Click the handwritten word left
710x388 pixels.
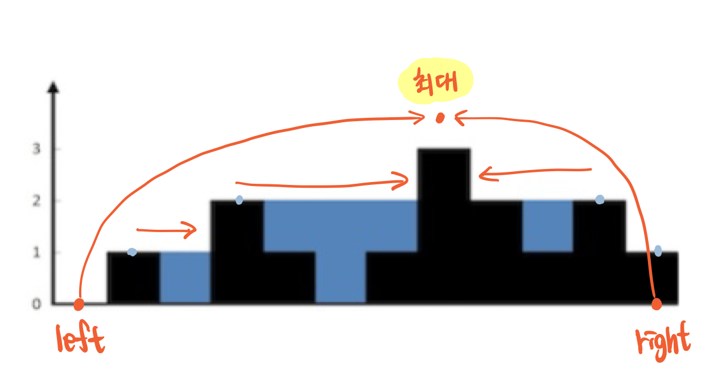tap(81, 340)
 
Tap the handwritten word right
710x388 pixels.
tap(663, 341)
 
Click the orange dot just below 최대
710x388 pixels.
tap(440, 118)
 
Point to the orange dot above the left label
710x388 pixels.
tap(79, 304)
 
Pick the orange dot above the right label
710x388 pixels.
tap(657, 304)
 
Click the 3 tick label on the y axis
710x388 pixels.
tap(36, 149)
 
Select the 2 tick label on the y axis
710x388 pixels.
tap(36, 200)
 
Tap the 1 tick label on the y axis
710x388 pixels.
tap(36, 252)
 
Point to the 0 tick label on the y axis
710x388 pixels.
tap(36, 304)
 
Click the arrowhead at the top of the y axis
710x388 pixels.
tap(53, 88)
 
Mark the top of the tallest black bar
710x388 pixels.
tap(444, 150)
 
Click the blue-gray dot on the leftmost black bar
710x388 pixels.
tap(132, 251)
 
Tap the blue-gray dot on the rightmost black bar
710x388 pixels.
tap(658, 250)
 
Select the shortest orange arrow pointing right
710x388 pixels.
tap(166, 230)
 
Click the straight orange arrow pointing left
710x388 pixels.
tap(535, 172)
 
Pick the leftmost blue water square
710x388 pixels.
tap(185, 277)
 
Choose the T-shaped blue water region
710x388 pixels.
tap(340, 239)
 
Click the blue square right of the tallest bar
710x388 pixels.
tap(547, 225)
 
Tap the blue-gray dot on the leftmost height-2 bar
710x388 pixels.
tap(240, 200)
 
